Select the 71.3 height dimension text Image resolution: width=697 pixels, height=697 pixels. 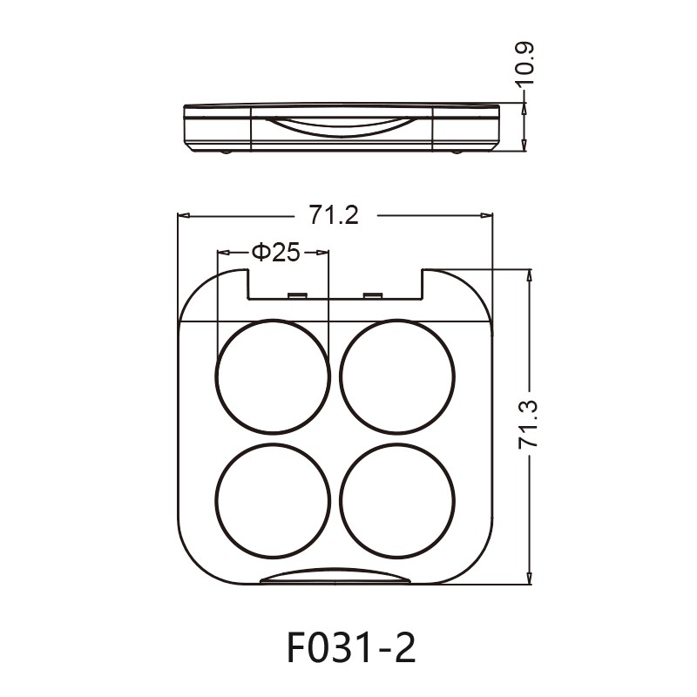point(529,425)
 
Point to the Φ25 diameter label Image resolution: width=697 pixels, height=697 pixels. point(275,253)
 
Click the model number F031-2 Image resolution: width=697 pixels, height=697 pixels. point(350,648)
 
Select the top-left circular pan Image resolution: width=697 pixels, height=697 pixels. point(273,376)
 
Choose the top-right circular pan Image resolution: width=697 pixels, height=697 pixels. point(397,376)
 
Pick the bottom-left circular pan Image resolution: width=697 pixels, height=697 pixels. point(273,501)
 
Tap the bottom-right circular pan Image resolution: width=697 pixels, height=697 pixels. point(397,501)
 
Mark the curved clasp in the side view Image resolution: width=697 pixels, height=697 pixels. point(341,127)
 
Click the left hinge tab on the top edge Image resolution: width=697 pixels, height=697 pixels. point(295,296)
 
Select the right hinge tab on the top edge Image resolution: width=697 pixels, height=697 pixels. point(372,296)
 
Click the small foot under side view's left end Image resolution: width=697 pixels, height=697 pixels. point(226,153)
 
